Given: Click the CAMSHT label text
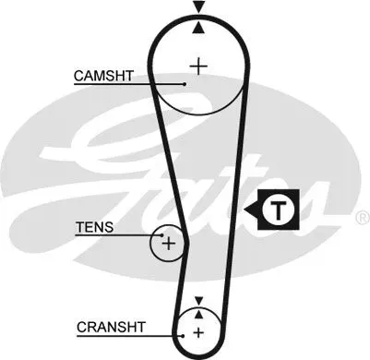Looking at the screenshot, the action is point(103,76).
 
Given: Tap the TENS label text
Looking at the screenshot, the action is point(95,227).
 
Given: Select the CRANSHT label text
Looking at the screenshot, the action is point(111,327).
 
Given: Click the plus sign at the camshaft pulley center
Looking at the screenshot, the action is point(199,66).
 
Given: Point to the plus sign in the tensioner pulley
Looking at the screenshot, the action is point(169,244).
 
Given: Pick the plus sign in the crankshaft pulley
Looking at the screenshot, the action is point(198,332).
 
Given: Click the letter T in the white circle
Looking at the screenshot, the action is point(279,210).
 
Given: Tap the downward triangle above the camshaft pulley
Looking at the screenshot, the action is point(199,6).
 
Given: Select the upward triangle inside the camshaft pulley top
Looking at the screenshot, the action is point(199,28).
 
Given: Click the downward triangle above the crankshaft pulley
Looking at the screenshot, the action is point(199,300).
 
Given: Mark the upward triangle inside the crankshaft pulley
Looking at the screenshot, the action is point(199,314).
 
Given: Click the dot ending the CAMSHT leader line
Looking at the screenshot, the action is point(185,84).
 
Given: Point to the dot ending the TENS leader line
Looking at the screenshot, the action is point(162,235).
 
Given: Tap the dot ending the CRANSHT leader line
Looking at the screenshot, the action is point(183,336).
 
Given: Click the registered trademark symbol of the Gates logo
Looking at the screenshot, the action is point(364,218).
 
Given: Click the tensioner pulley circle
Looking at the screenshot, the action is point(150,243).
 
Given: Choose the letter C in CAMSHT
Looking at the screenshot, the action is point(78,76).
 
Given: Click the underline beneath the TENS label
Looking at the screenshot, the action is point(118,235).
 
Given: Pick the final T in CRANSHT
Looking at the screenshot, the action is point(140,327).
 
